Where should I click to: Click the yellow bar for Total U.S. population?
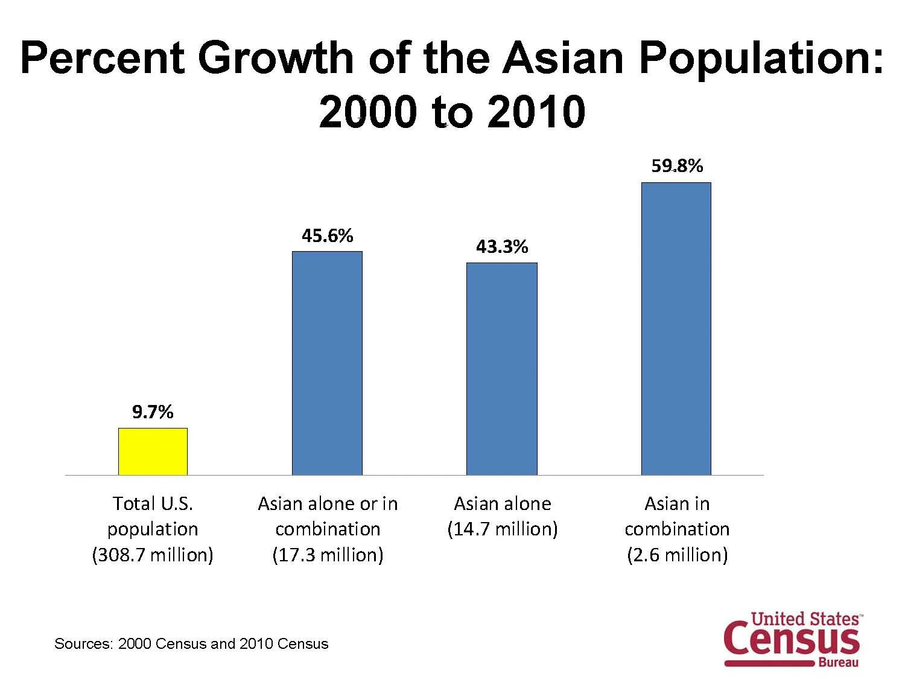pyautogui.click(x=153, y=451)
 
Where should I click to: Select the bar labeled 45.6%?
pyautogui.click(x=327, y=363)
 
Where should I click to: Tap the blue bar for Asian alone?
pyautogui.click(x=501, y=369)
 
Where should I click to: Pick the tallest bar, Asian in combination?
pyautogui.click(x=676, y=328)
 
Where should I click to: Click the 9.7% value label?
pyautogui.click(x=153, y=412)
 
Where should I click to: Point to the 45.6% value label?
pyautogui.click(x=327, y=235)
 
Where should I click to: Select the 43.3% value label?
pyautogui.click(x=501, y=247)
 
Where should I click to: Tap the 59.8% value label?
pyautogui.click(x=676, y=166)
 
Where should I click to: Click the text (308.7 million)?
pyautogui.click(x=153, y=555)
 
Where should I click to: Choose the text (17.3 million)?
pyautogui.click(x=328, y=555)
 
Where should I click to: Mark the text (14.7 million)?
pyautogui.click(x=502, y=529)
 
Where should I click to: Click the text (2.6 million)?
pyautogui.click(x=677, y=555)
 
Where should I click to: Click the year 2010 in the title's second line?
pyautogui.click(x=536, y=112)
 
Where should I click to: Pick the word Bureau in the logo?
pyautogui.click(x=838, y=663)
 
